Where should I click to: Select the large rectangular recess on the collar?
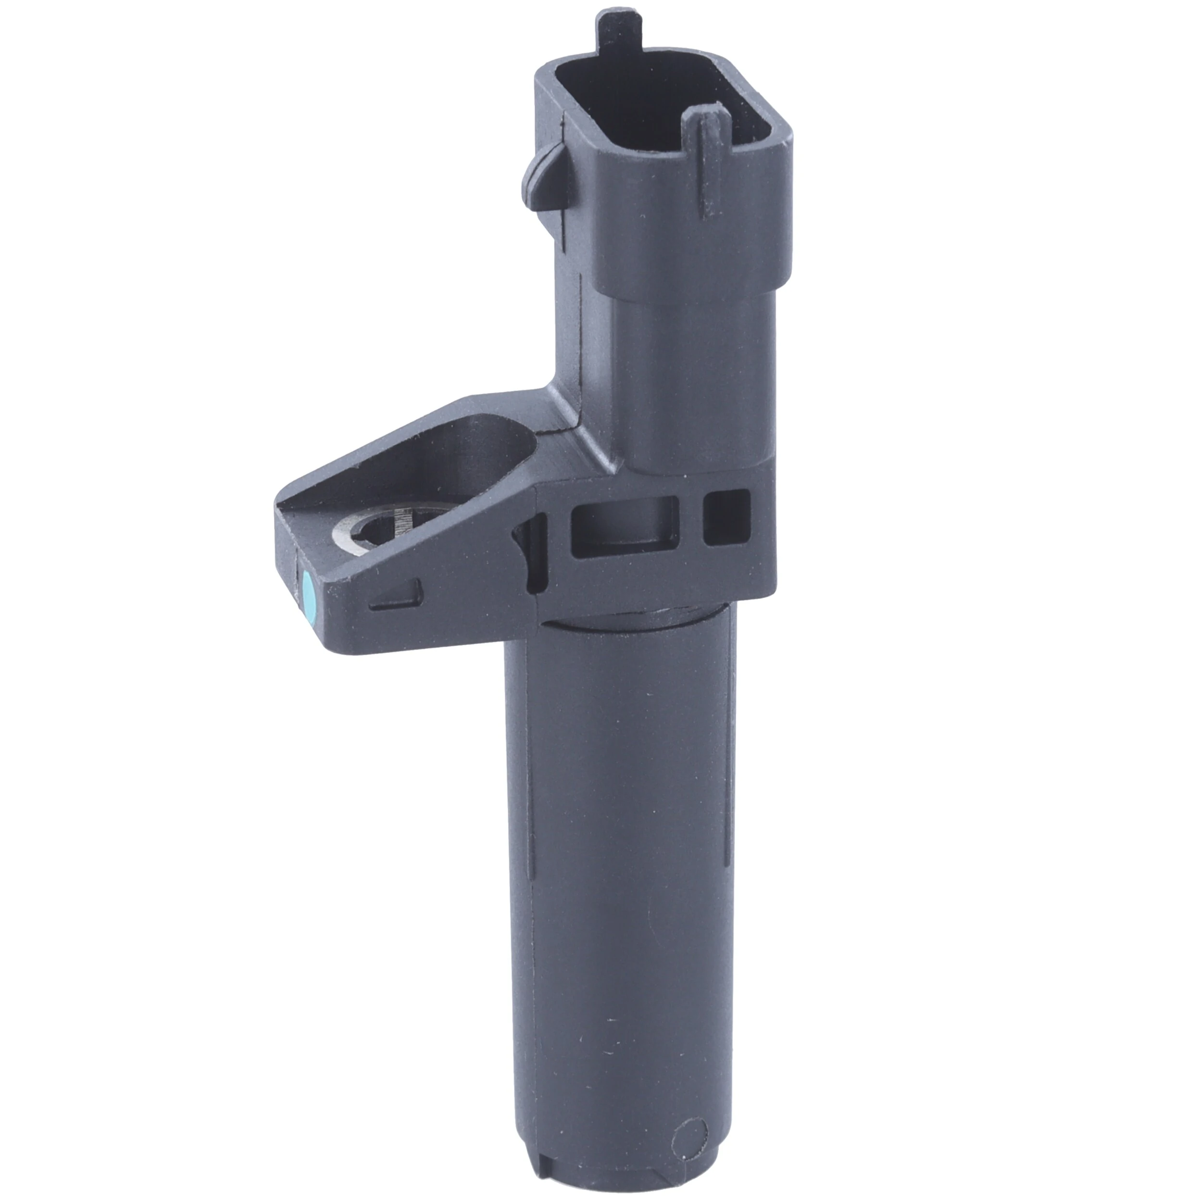coord(624,524)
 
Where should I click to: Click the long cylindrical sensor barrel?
coord(622,871)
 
